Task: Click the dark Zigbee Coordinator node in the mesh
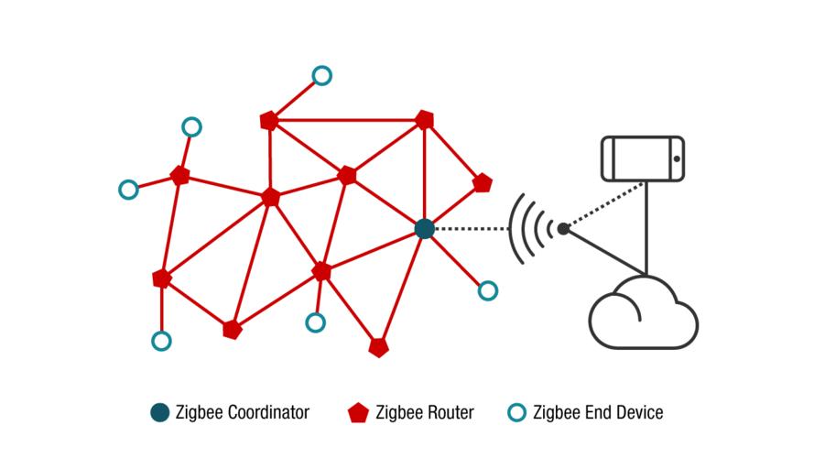click(x=424, y=229)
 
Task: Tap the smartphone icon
click(x=643, y=158)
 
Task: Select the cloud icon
click(x=644, y=313)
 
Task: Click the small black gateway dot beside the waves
click(x=563, y=228)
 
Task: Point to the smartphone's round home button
click(x=676, y=159)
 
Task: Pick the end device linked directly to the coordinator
click(x=488, y=290)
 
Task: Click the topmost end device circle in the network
click(x=321, y=75)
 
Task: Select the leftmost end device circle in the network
click(x=128, y=190)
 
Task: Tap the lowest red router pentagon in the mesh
click(x=378, y=348)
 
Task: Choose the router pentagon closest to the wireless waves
click(x=483, y=183)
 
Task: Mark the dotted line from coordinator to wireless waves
click(x=467, y=229)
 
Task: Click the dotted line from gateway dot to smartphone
click(x=604, y=204)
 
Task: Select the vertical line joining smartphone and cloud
click(x=647, y=229)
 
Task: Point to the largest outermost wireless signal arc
click(x=514, y=228)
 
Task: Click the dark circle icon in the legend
click(x=160, y=412)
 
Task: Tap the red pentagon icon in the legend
click(x=358, y=412)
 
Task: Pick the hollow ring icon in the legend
click(x=517, y=412)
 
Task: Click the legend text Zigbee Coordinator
click(x=243, y=413)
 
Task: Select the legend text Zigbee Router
click(x=426, y=413)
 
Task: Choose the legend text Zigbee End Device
click(x=598, y=413)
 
